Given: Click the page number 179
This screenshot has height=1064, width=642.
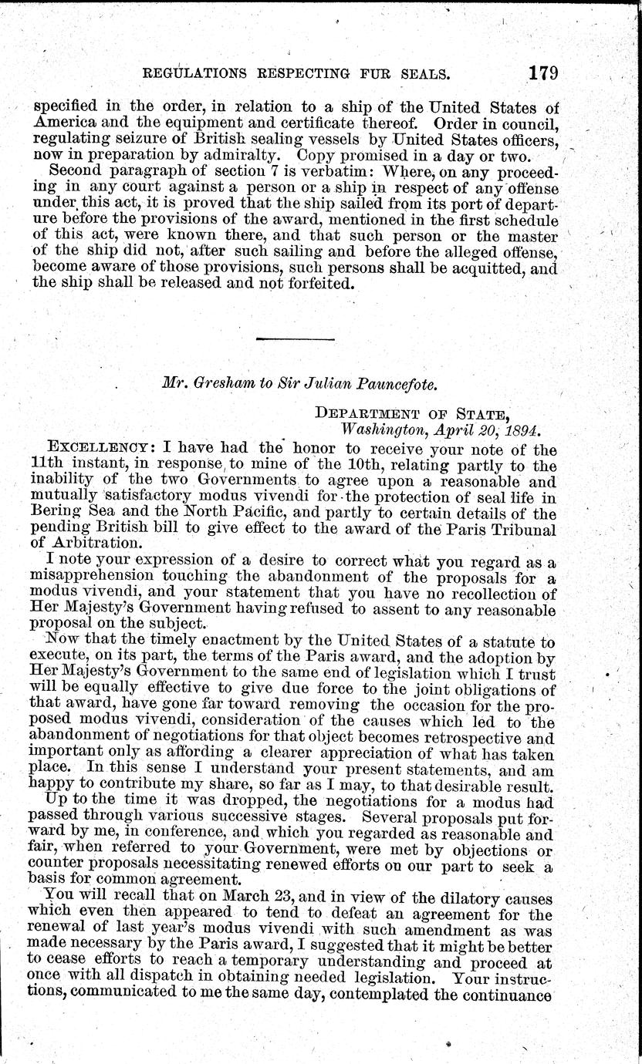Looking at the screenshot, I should coord(543,73).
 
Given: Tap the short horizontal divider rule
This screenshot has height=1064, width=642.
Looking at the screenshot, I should coord(295,338).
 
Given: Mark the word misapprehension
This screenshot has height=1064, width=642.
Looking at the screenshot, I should coord(108,577).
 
